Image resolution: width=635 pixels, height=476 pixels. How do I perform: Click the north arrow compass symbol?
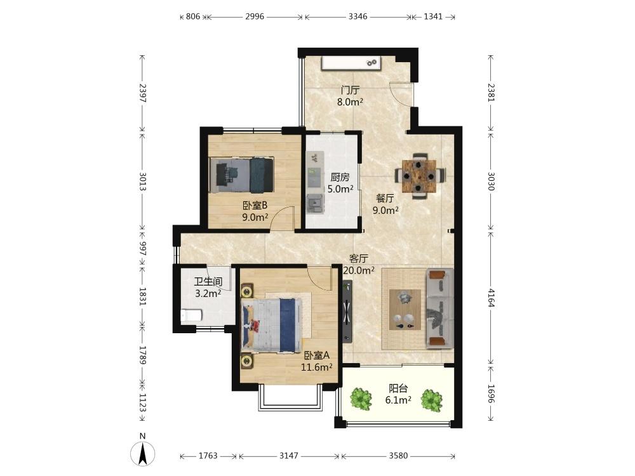click(x=142, y=453)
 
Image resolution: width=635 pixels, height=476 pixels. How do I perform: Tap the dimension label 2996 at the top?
click(x=255, y=17)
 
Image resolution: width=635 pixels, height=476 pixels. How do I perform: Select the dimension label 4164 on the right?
click(x=491, y=298)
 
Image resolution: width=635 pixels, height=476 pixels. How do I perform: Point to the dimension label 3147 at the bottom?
click(x=289, y=456)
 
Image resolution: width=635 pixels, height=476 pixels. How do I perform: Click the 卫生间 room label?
click(x=208, y=281)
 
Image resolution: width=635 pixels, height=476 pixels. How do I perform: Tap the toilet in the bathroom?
click(x=191, y=315)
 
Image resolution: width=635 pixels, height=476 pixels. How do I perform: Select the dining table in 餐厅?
click(x=420, y=176)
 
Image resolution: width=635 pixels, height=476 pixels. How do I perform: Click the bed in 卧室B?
click(x=242, y=175)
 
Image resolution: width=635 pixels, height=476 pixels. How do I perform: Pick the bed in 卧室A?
click(x=271, y=325)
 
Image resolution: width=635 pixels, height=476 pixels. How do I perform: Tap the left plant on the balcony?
click(x=361, y=399)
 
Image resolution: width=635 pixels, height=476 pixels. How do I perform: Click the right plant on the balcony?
click(x=431, y=400)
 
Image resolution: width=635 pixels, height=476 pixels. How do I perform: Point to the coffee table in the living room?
click(x=404, y=310)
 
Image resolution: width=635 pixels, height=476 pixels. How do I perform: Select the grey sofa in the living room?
click(x=439, y=308)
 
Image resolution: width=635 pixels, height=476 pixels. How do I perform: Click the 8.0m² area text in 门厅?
click(x=350, y=102)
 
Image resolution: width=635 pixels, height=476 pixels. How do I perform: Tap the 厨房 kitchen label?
click(x=340, y=177)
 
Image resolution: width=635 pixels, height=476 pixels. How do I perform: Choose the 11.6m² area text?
click(x=316, y=367)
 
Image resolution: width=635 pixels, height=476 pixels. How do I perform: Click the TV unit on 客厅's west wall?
click(x=347, y=312)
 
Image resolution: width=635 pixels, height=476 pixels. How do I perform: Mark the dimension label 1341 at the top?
click(x=433, y=17)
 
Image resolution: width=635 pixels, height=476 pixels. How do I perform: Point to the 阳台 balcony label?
click(x=398, y=388)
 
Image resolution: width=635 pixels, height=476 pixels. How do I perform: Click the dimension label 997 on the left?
click(x=142, y=249)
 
